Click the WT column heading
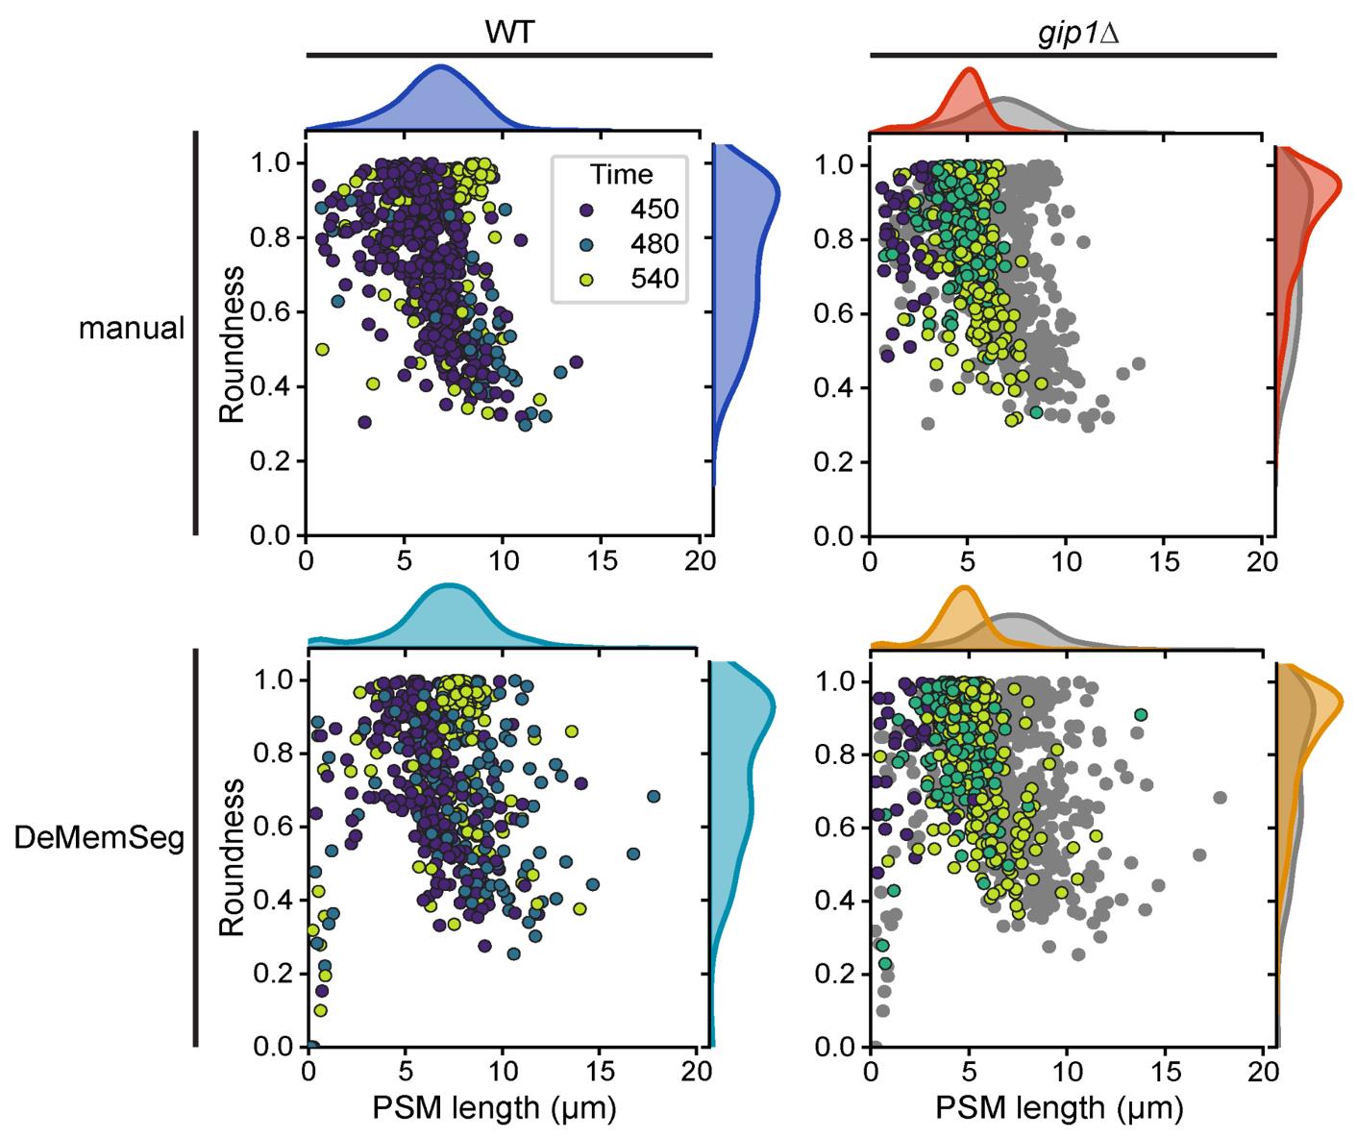508,32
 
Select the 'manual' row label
132,328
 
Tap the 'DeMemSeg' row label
99,838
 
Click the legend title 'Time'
621,175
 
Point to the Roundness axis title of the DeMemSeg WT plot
232,858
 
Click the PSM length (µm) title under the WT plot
493,1108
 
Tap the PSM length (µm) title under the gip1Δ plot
1059,1108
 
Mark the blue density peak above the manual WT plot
441,68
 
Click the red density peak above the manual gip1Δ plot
970,70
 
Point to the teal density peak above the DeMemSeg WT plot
448,585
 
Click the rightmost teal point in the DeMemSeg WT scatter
654,797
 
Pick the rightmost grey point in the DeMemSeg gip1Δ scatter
1221,797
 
